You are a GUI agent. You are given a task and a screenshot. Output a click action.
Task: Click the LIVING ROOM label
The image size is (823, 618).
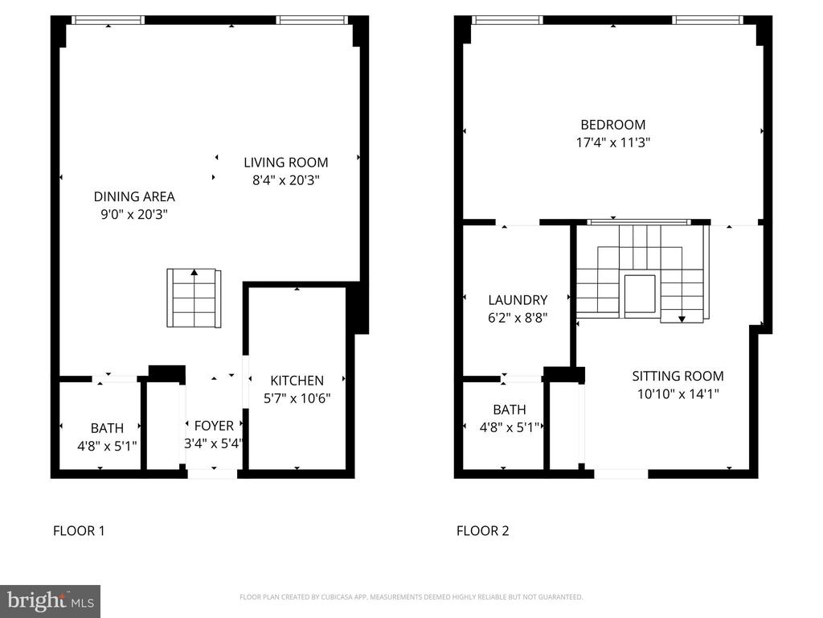tap(285, 163)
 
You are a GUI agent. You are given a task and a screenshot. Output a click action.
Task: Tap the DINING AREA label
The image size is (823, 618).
tap(134, 196)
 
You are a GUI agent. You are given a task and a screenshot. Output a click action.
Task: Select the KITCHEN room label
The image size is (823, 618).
tap(297, 381)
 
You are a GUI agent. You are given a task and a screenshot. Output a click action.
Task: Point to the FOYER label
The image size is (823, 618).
tap(214, 426)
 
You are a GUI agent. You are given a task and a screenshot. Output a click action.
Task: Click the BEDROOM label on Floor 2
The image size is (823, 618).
tap(612, 125)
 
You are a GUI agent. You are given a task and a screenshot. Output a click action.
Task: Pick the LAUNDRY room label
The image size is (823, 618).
tap(518, 300)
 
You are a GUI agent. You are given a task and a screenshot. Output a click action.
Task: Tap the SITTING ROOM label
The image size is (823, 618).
tap(678, 377)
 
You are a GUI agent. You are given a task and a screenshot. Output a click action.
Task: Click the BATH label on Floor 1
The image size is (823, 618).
tap(107, 428)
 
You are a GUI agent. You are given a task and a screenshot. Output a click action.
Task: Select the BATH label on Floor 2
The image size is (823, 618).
tap(509, 410)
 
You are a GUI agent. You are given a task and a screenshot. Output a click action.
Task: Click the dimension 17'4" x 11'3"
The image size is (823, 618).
tap(613, 142)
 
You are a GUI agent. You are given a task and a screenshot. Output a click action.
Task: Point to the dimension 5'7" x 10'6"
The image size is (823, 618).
tap(297, 398)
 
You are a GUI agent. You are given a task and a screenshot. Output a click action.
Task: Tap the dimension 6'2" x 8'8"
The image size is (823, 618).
tap(518, 318)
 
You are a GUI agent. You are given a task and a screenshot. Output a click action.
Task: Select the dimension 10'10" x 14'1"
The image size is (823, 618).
tap(678, 394)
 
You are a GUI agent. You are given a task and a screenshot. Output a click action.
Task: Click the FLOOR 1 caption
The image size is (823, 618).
tap(79, 531)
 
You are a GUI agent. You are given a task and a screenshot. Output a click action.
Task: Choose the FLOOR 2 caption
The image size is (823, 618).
tap(482, 531)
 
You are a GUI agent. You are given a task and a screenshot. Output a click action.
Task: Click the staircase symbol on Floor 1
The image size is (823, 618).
tap(194, 298)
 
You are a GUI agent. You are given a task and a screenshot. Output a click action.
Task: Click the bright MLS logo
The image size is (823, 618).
tap(50, 601)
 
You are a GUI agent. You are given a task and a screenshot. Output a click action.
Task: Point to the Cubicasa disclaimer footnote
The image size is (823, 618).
tap(411, 597)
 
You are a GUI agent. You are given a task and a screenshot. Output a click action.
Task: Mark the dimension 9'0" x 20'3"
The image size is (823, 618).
tap(134, 214)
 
